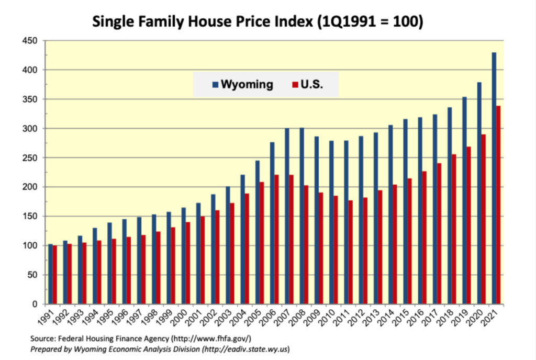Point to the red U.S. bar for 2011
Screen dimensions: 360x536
(351, 251)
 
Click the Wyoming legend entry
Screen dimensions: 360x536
(242, 84)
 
